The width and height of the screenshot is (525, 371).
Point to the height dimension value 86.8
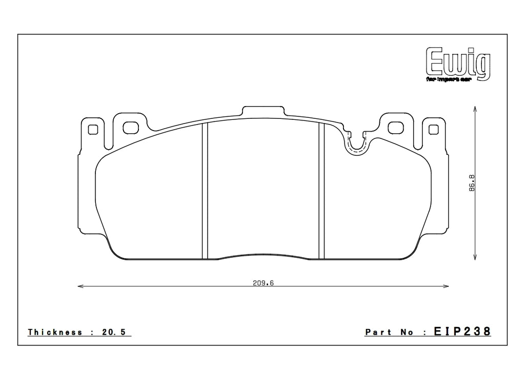pos(472,183)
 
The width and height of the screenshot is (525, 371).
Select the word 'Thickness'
pos(55,332)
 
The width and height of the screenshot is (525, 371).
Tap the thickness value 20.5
pos(116,332)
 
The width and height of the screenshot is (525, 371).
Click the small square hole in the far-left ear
pos(93,129)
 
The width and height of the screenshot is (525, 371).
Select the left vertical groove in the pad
pos(205,191)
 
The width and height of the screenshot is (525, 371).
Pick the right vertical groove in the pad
pos(321,191)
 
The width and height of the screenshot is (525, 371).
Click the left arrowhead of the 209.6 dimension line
pos(79,286)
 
